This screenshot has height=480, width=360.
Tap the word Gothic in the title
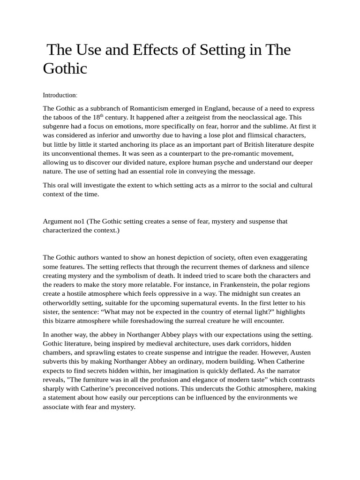(65, 68)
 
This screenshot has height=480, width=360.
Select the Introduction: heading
(60, 95)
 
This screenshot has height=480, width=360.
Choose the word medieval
(174, 344)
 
